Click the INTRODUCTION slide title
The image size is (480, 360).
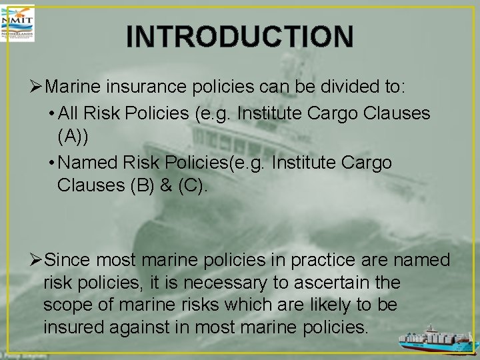(x=239, y=37)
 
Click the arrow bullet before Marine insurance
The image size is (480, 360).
(x=37, y=87)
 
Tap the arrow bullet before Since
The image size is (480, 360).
(x=37, y=260)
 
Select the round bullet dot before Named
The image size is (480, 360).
(x=52, y=163)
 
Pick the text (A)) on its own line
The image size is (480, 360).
(x=73, y=137)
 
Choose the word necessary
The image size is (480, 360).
(x=223, y=283)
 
